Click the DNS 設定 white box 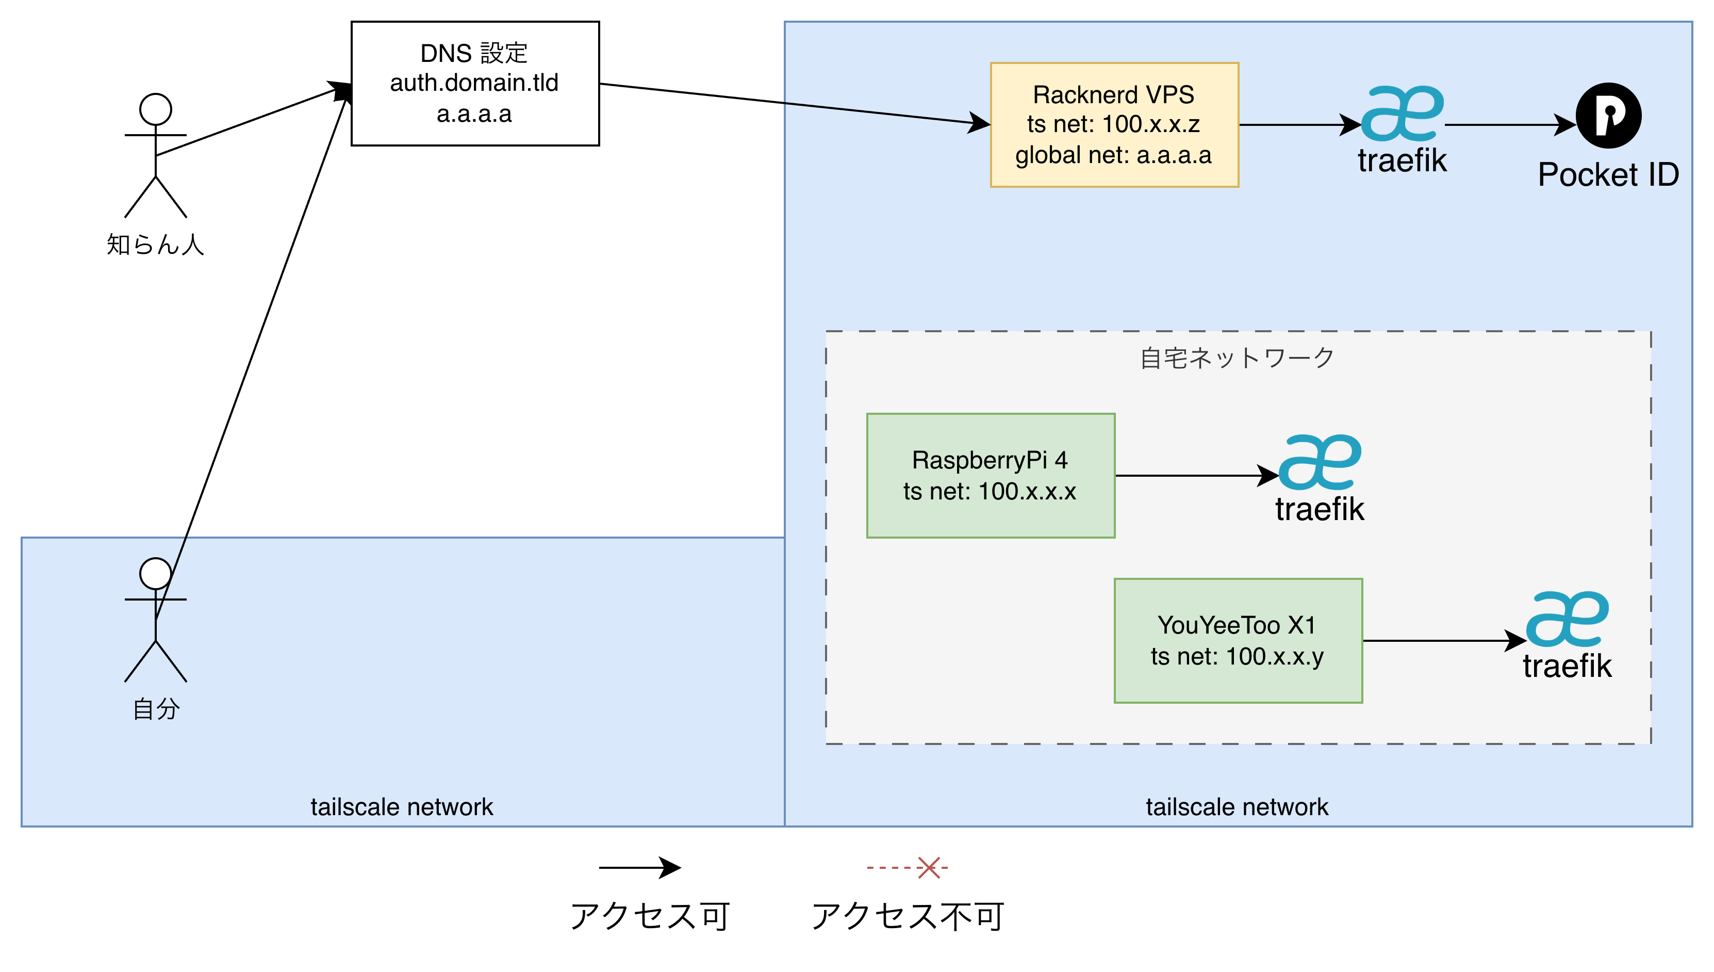click(x=475, y=84)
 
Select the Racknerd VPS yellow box click(x=1114, y=125)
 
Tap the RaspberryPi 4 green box click(x=990, y=475)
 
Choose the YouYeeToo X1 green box click(x=1238, y=640)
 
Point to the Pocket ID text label click(x=1608, y=175)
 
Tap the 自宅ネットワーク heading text click(x=1238, y=359)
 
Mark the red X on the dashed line click(x=928, y=868)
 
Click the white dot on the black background click(x=155, y=109)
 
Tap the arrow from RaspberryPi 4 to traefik click(x=1194, y=475)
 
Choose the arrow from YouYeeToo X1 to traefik click(x=1441, y=640)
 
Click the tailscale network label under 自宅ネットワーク click(x=1237, y=807)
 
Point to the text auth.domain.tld click(x=474, y=83)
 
